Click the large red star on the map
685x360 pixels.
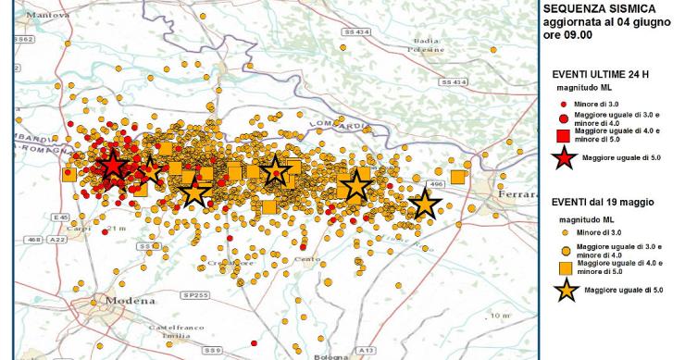113,166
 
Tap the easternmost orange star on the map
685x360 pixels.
425,204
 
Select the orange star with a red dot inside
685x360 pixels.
274,171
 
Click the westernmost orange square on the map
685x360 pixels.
68,174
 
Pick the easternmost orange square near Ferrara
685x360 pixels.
457,177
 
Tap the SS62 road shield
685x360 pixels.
25,41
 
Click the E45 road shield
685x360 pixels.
62,217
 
